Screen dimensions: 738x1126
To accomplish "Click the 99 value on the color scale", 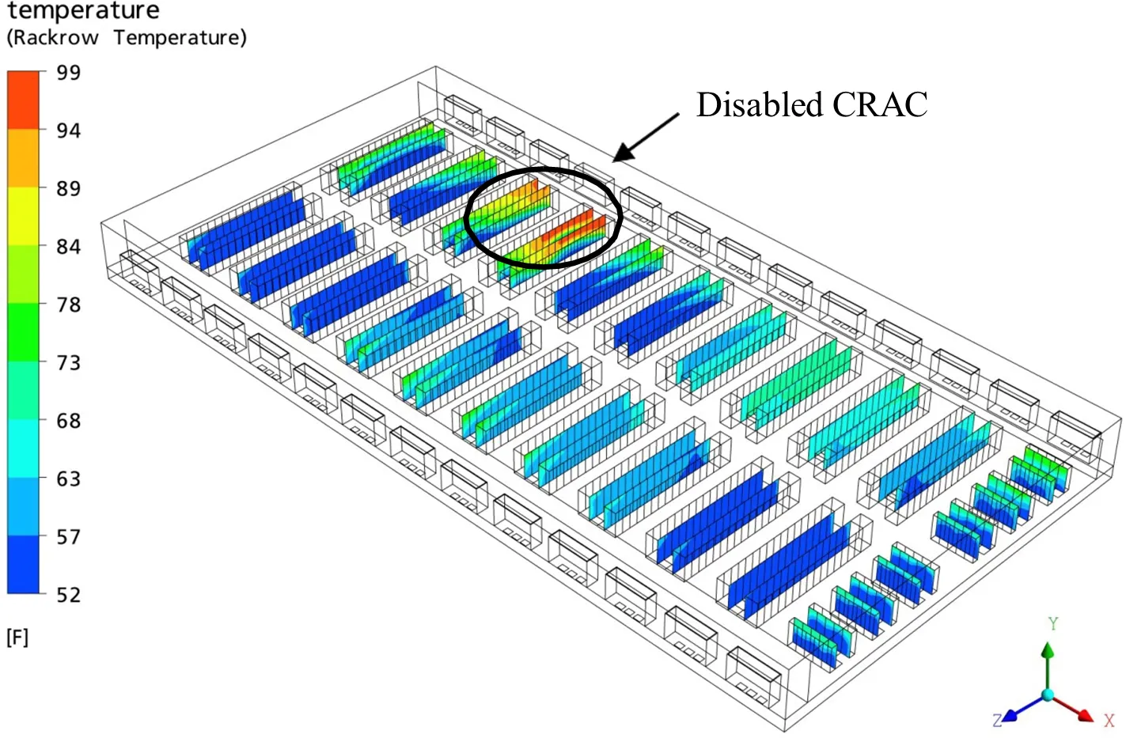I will pos(68,73).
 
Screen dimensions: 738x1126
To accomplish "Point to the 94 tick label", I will pos(68,131).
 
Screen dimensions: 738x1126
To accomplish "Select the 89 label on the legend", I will pos(68,189).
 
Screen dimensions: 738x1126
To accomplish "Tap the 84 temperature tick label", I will pos(68,247).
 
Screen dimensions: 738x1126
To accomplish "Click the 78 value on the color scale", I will pos(68,305).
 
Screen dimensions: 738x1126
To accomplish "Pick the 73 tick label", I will pos(68,363).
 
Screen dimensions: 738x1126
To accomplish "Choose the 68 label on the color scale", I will pos(68,421).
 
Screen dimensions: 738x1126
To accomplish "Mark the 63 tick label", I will pos(68,479).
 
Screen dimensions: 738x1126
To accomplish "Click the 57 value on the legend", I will pos(68,537).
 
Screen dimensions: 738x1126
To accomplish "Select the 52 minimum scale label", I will pos(68,595).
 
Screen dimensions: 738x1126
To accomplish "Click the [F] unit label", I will pos(17,638).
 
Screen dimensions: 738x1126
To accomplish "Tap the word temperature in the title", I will pos(83,11).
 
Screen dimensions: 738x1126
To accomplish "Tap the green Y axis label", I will pos(1052,623).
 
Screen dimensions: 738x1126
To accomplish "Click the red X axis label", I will pos(1109,720).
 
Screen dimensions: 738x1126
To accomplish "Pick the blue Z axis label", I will pos(997,720).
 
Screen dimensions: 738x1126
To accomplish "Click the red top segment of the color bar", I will pos(24,99).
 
